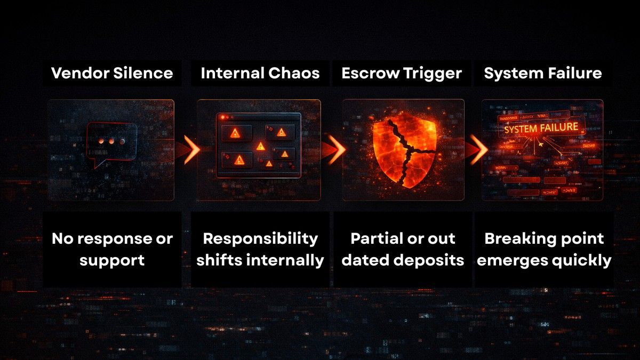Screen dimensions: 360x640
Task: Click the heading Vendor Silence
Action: point(112,73)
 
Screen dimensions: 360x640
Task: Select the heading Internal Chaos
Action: point(260,73)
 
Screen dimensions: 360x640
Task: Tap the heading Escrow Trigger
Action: point(402,73)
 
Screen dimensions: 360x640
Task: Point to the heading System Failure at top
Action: point(543,73)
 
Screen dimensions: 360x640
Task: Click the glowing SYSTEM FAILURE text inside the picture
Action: point(541,128)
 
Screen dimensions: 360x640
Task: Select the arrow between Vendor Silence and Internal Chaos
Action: point(189,150)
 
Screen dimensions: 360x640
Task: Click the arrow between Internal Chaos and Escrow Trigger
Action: point(334,150)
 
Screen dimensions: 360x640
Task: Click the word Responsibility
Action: point(260,239)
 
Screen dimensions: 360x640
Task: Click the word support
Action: point(112,261)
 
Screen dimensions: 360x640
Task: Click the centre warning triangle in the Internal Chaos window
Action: point(260,146)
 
